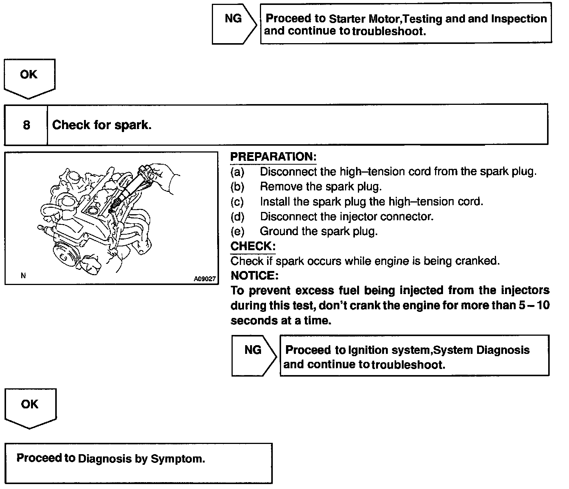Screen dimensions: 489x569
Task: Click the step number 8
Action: point(26,125)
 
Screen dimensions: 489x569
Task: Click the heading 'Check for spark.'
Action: point(102,125)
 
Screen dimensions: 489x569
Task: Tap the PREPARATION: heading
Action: point(273,157)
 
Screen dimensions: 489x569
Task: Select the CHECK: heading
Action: point(253,246)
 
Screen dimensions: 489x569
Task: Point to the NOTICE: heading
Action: point(254,276)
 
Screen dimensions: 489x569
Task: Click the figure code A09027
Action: point(205,279)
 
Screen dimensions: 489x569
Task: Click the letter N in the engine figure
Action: point(23,276)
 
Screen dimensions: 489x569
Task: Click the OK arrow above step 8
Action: point(29,78)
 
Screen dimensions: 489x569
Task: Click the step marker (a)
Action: point(237,172)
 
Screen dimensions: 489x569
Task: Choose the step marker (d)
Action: point(237,216)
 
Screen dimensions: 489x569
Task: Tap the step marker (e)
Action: point(237,231)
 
